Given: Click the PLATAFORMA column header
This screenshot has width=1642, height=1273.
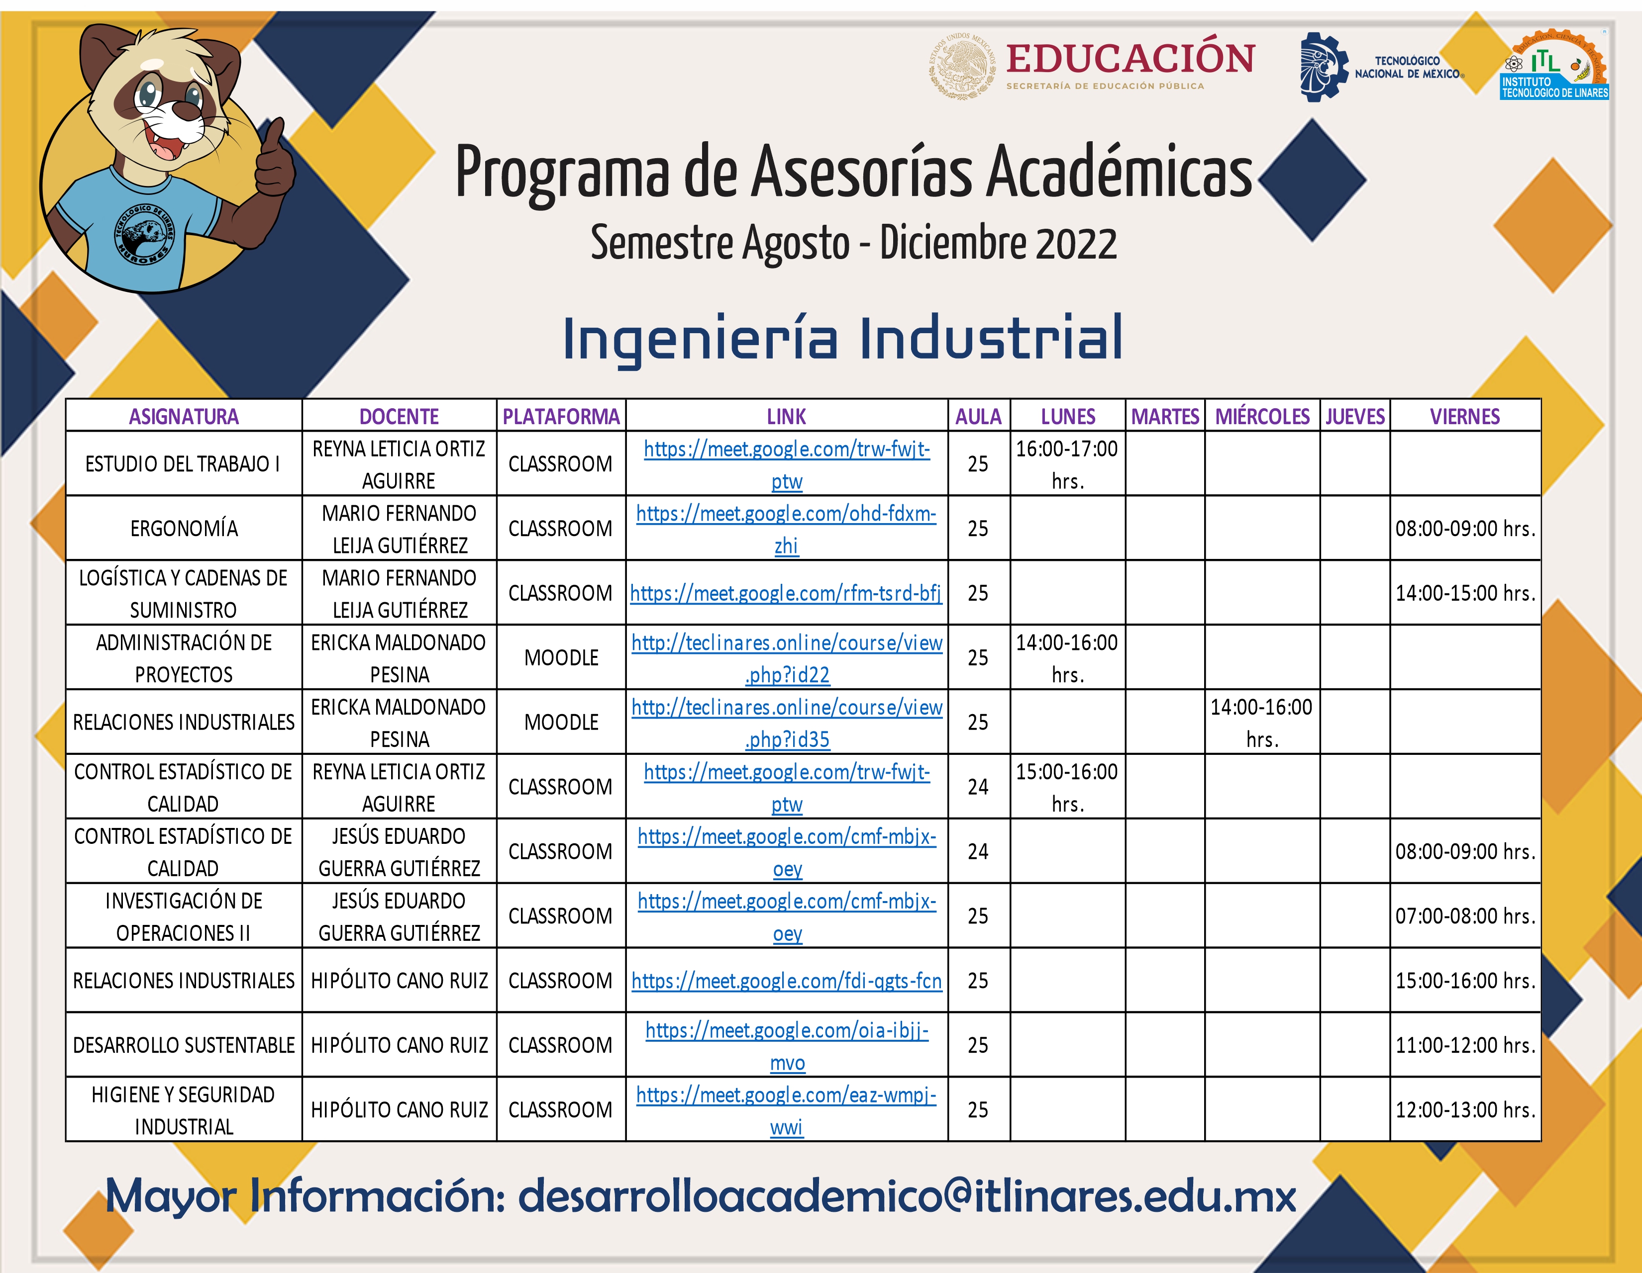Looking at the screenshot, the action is (x=561, y=416).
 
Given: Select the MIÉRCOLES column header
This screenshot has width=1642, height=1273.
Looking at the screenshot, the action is (x=1262, y=416).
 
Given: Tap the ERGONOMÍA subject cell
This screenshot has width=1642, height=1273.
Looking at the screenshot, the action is (x=184, y=528).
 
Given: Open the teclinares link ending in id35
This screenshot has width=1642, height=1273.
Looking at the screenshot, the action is (x=787, y=723).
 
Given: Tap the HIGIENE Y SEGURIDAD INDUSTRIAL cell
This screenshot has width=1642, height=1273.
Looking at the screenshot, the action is (x=184, y=1110).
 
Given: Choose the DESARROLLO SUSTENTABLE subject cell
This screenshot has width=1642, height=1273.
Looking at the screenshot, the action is (x=184, y=1045).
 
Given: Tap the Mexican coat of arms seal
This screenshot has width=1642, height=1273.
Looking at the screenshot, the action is (x=962, y=66).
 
